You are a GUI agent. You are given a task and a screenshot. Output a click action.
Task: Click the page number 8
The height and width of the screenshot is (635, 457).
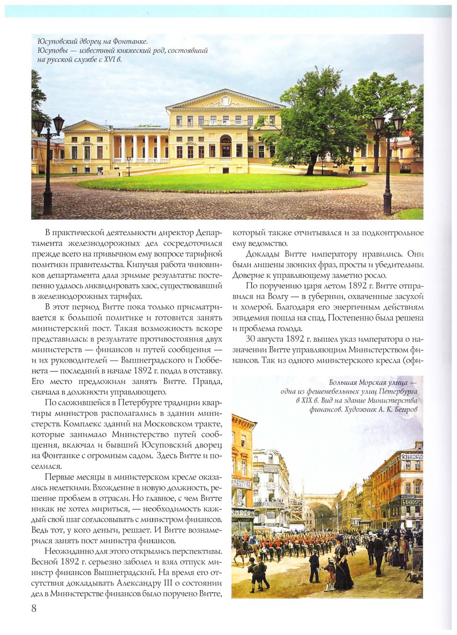click(x=34, y=608)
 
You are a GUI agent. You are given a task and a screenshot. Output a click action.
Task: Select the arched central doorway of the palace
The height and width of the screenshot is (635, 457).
click(x=226, y=146)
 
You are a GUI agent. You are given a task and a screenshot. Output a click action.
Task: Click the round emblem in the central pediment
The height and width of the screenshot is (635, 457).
click(x=226, y=101)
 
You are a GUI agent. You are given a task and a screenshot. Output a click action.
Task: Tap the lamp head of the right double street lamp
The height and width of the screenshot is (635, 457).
click(x=388, y=122)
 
